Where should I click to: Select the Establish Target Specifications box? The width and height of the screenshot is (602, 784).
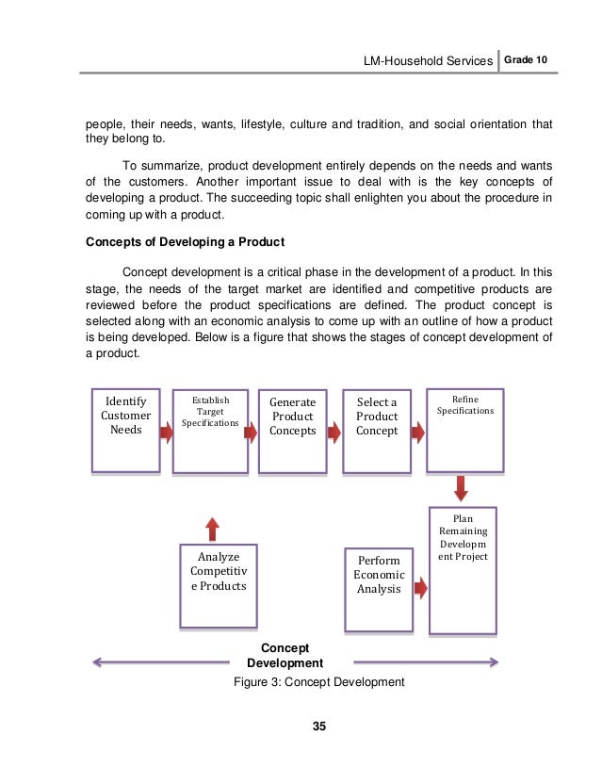(x=210, y=429)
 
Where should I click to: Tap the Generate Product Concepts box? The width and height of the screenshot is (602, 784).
(x=292, y=429)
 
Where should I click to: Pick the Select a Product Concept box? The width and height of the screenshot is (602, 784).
(x=377, y=429)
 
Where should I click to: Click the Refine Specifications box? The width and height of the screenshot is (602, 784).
(x=461, y=429)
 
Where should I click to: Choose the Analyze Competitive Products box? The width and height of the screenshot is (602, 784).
(x=218, y=585)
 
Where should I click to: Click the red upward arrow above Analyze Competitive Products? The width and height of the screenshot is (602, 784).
(x=213, y=528)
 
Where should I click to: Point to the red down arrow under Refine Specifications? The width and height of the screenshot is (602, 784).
(x=462, y=488)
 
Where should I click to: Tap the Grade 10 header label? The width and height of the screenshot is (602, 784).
(x=526, y=61)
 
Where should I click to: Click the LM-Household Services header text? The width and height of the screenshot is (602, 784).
(x=429, y=62)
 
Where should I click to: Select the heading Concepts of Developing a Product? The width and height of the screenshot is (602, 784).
(x=185, y=241)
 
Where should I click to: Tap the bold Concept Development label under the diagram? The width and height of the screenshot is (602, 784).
(x=291, y=656)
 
